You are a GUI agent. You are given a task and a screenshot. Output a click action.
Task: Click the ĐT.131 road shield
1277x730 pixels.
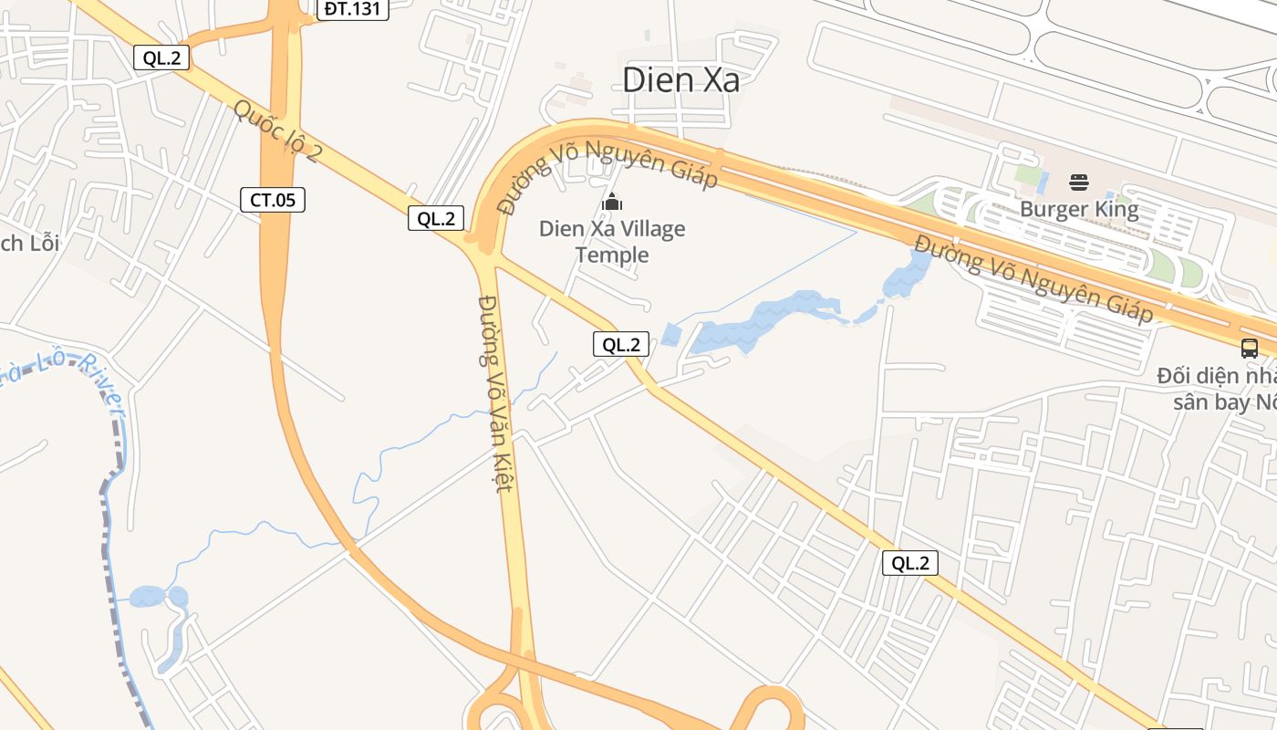[x=354, y=9]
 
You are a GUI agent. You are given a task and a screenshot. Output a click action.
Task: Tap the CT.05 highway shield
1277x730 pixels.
[x=272, y=200]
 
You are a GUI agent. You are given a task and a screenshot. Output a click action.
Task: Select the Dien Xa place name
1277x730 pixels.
[x=680, y=80]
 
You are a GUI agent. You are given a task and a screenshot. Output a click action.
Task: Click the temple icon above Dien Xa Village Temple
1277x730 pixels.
[x=612, y=201]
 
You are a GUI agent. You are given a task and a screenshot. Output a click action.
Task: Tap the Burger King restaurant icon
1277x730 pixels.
[x=1079, y=182]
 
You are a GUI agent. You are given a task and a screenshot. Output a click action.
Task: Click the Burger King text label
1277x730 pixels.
[x=1079, y=209]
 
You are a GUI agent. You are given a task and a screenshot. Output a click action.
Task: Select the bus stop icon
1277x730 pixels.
[x=1249, y=348]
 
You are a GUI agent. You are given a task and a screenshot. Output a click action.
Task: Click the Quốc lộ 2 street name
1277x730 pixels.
[x=276, y=130]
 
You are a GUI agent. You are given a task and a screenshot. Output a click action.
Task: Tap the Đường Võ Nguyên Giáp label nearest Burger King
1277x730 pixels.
[x=1033, y=278]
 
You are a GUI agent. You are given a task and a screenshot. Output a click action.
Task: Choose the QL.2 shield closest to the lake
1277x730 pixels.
[x=621, y=344]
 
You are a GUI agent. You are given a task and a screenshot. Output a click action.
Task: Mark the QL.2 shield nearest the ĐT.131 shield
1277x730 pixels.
[x=161, y=57]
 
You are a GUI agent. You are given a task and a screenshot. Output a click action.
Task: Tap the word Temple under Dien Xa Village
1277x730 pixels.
[x=612, y=255]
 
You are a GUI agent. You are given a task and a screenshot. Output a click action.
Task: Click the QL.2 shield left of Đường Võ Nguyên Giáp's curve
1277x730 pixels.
[x=435, y=218]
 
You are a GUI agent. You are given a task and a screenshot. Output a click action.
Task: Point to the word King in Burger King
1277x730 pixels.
[x=1114, y=209]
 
